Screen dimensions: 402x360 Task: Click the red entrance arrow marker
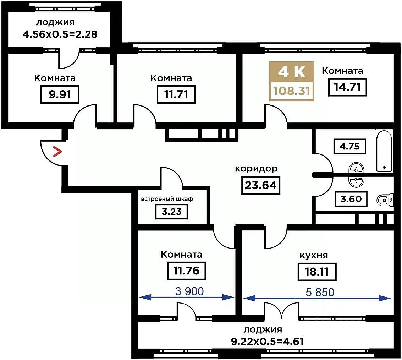coord(57,151)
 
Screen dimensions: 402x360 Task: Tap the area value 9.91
coord(60,94)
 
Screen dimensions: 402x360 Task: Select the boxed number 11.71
coord(176,94)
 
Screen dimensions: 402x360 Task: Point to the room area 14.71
coord(348,87)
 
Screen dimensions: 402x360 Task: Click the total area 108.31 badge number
coord(292,91)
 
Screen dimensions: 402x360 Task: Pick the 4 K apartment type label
coord(292,72)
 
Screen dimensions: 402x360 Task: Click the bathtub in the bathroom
coord(384,151)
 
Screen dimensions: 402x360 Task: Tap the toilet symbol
coord(385,200)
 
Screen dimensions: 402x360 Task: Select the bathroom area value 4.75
coord(349,146)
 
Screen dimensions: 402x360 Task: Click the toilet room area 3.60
coord(351,199)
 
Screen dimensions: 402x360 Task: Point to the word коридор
coord(256,169)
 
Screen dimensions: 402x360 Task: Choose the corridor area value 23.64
coord(261,185)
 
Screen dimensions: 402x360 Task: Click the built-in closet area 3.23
coord(171,212)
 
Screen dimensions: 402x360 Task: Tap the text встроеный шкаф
coord(167,199)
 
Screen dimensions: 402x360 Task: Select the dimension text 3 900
coord(189,291)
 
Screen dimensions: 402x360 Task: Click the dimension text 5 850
coord(320,292)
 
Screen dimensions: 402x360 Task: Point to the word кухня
coord(314,255)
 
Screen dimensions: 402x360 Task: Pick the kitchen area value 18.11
coord(316,272)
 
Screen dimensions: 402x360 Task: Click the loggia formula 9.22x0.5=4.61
coord(268,342)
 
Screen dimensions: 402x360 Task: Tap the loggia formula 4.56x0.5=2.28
coord(60,34)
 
